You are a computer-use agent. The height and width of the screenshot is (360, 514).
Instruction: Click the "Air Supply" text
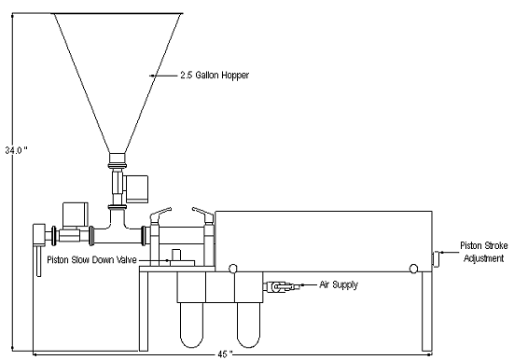click(339, 284)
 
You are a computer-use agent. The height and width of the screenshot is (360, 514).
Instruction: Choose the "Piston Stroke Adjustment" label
click(482, 253)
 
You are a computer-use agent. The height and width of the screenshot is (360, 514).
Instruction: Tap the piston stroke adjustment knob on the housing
click(433, 258)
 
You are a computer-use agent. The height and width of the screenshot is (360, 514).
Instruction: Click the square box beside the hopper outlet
click(137, 186)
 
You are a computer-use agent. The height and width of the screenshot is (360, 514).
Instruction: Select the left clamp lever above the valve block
click(159, 213)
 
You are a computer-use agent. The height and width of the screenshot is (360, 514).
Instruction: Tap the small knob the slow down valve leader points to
click(172, 256)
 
